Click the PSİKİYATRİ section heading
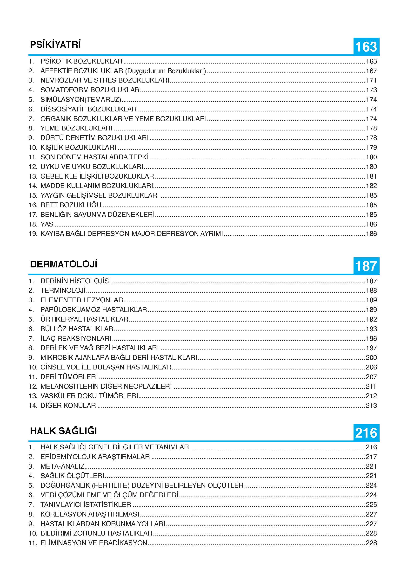click(55, 45)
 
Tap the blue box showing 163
click(366, 47)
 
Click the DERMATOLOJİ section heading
click(63, 264)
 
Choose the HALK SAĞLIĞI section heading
click(63, 431)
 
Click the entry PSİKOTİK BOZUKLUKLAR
click(81, 61)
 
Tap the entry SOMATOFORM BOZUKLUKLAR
click(90, 90)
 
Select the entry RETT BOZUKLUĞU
click(71, 205)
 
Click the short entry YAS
click(47, 224)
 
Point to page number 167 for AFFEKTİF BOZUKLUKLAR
click(371, 71)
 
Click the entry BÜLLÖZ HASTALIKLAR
click(77, 329)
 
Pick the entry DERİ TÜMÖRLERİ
click(69, 377)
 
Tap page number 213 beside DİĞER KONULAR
click(371, 405)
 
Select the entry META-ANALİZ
click(62, 466)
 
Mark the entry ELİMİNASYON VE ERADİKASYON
click(94, 543)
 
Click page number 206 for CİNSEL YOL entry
click(371, 367)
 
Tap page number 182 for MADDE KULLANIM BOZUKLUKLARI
click(371, 186)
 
